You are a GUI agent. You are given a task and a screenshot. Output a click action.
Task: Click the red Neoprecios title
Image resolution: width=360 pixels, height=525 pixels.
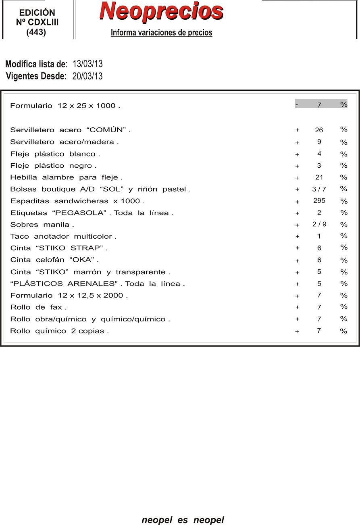point(161,11)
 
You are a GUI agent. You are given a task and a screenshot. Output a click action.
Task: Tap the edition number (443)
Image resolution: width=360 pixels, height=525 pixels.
point(36,33)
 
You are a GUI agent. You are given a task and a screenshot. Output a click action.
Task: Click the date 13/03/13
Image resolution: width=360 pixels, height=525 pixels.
point(87,64)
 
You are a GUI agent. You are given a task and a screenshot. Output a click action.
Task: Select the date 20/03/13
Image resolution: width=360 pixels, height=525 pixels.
point(87,76)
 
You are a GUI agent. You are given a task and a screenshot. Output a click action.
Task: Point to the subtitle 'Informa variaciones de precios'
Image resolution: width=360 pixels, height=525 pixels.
point(161,33)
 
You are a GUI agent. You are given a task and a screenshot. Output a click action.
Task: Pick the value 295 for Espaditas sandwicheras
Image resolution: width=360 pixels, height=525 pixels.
point(319,201)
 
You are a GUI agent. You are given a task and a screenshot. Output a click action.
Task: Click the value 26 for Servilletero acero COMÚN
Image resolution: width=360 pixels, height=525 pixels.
point(319,130)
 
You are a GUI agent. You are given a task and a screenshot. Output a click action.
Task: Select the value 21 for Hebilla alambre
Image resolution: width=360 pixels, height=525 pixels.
point(319,177)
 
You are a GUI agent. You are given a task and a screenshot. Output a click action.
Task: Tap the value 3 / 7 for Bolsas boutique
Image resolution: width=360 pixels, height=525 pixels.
point(319,189)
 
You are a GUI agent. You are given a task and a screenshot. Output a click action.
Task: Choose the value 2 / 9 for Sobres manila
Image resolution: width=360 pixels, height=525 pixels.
point(319,225)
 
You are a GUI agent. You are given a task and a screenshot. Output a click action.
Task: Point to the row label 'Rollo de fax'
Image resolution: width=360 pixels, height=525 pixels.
point(38,307)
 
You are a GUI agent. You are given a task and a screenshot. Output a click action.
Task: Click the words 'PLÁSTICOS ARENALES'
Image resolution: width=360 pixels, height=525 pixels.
point(65,284)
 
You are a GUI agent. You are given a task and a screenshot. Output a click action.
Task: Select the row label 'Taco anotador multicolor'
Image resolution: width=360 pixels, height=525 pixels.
point(63,237)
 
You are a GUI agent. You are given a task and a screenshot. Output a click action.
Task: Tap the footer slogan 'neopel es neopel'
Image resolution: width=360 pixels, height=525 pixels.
point(183,520)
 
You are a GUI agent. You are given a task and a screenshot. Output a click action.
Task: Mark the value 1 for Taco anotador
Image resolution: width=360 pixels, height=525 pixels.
point(319,236)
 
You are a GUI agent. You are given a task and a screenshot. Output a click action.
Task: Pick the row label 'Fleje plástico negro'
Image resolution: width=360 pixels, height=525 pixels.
point(53,166)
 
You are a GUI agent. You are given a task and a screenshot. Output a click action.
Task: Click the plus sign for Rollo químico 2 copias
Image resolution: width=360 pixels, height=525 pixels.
point(297,331)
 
